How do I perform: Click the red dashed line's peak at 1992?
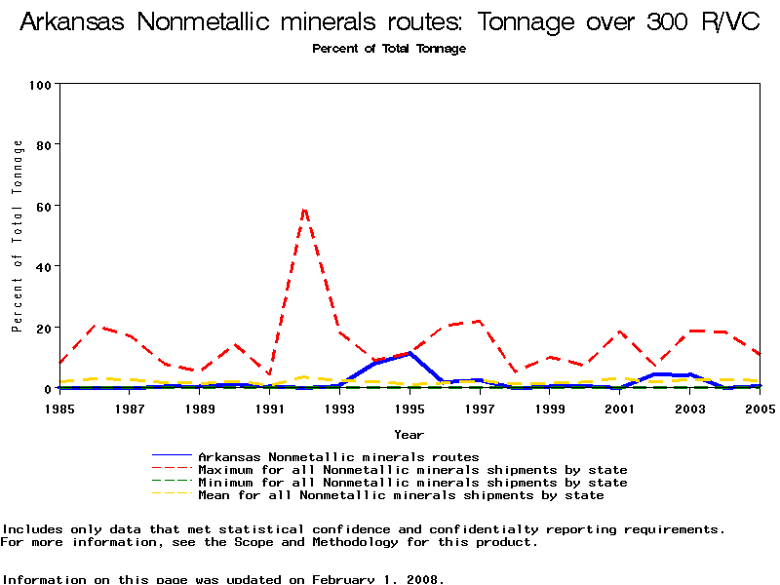click(x=305, y=209)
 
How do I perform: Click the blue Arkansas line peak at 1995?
click(x=410, y=353)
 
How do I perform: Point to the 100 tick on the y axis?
click(x=40, y=85)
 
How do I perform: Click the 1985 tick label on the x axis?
click(x=59, y=409)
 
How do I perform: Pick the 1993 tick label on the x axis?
click(x=339, y=409)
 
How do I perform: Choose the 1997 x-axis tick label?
click(x=480, y=409)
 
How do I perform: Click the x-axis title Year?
click(x=409, y=434)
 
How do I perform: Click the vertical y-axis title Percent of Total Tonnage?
click(x=18, y=236)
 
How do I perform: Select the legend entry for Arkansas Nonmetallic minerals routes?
click(x=338, y=456)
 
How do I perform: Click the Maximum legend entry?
click(x=412, y=470)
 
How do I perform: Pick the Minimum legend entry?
click(x=412, y=483)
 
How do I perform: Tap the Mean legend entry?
click(x=401, y=495)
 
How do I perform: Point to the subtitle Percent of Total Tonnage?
click(x=389, y=49)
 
